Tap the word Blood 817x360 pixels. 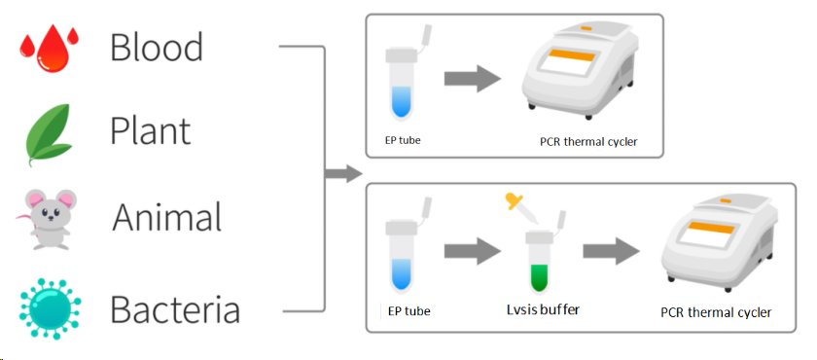tap(157, 48)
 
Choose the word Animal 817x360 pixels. tap(167, 217)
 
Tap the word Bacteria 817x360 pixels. tap(175, 310)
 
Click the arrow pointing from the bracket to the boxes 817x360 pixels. tap(341, 175)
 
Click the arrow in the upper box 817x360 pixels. tap(473, 81)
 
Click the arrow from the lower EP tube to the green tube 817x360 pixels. tap(472, 251)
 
